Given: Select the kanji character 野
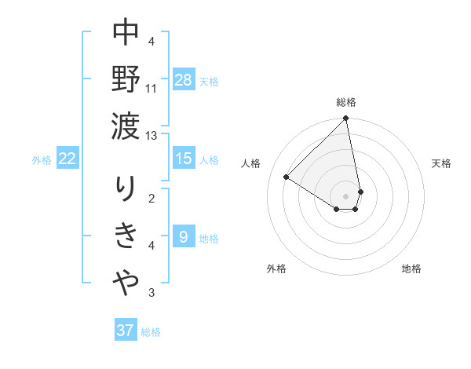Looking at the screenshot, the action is [x=126, y=79].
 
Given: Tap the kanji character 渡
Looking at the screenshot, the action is [x=126, y=126].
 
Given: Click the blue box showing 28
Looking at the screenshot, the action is [x=183, y=80].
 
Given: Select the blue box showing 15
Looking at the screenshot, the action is [x=183, y=159].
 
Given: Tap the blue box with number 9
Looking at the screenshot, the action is [x=183, y=237].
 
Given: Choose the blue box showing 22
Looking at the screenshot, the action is [x=68, y=159].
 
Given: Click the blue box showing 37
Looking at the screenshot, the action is [x=126, y=331].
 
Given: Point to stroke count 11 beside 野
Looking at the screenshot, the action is [x=152, y=88].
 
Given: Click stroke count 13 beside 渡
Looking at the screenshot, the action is [x=152, y=135].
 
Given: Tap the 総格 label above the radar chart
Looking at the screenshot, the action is [x=346, y=102].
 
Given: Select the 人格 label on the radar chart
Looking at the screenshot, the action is [x=251, y=163].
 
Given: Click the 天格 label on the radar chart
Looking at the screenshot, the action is [x=442, y=163].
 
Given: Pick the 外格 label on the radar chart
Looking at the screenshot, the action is [x=276, y=269].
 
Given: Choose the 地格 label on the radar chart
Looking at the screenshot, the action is [x=411, y=269].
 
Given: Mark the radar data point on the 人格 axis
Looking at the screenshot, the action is [x=287, y=177].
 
